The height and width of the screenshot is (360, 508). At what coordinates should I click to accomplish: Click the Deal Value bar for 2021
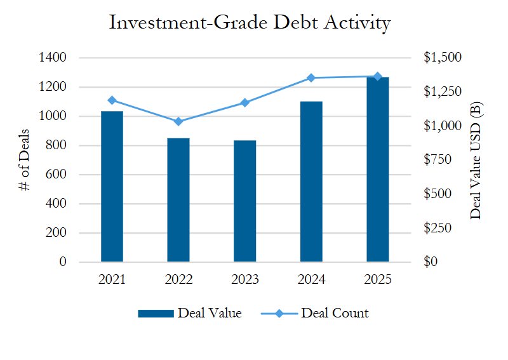[x=112, y=187]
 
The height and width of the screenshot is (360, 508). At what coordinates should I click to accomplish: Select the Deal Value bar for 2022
[x=178, y=200]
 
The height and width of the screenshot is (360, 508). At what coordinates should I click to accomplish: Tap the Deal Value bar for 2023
[x=244, y=201]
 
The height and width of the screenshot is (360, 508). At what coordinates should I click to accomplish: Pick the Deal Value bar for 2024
[x=311, y=182]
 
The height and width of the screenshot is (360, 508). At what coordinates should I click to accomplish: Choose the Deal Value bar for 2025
[x=378, y=170]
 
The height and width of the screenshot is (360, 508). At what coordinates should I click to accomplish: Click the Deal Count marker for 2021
[x=112, y=100]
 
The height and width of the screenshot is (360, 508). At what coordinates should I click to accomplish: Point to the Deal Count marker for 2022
[x=178, y=121]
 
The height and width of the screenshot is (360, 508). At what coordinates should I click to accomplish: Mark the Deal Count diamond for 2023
[x=244, y=103]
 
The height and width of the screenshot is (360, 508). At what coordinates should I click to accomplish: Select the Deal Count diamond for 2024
[x=311, y=78]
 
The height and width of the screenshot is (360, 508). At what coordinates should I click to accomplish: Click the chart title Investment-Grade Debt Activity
[x=250, y=23]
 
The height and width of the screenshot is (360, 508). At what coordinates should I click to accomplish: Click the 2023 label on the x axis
[x=244, y=279]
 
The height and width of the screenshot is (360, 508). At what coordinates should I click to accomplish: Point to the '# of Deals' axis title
[x=25, y=160]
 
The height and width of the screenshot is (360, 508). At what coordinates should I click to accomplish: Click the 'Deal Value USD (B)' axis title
[x=476, y=160]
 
